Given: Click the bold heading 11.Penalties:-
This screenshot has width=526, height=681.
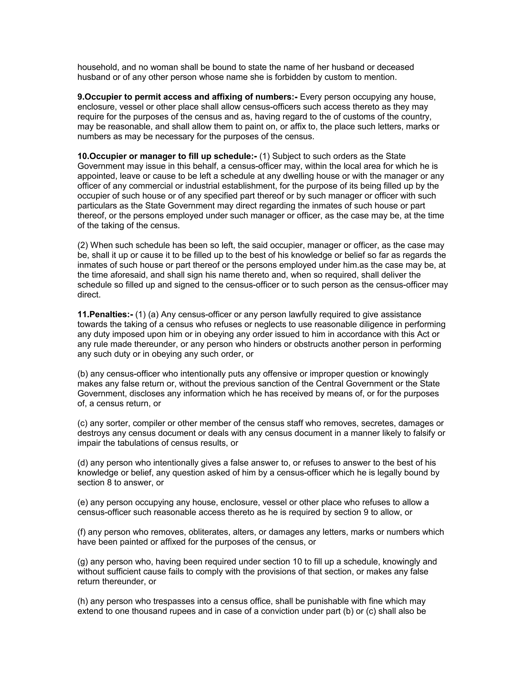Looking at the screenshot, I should point(105,314).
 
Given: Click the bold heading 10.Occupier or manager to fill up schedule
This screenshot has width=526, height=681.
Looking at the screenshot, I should point(167,156).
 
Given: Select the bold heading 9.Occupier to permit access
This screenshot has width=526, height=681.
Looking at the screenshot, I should point(187,97).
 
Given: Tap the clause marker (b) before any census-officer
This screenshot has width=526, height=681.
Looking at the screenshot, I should point(83,374).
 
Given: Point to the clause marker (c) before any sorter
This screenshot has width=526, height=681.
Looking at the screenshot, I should point(83,423).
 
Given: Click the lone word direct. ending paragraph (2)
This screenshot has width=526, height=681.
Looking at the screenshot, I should point(89,295).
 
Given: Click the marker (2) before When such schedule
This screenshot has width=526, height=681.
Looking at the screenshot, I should point(83,245).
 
